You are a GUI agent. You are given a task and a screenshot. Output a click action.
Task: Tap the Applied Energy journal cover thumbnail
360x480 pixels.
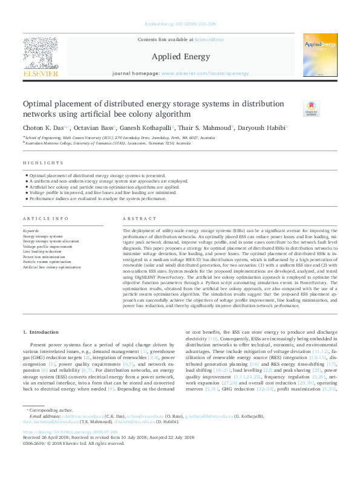[x=320, y=55]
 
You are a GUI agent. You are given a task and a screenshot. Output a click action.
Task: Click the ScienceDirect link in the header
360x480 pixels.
[x=208, y=40]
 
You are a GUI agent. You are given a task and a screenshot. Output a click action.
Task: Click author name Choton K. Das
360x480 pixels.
[x=44, y=128]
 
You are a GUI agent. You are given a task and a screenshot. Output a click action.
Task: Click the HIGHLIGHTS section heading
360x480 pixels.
[x=43, y=163]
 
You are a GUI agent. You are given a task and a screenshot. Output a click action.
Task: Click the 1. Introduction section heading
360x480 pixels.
[x=42, y=332]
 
